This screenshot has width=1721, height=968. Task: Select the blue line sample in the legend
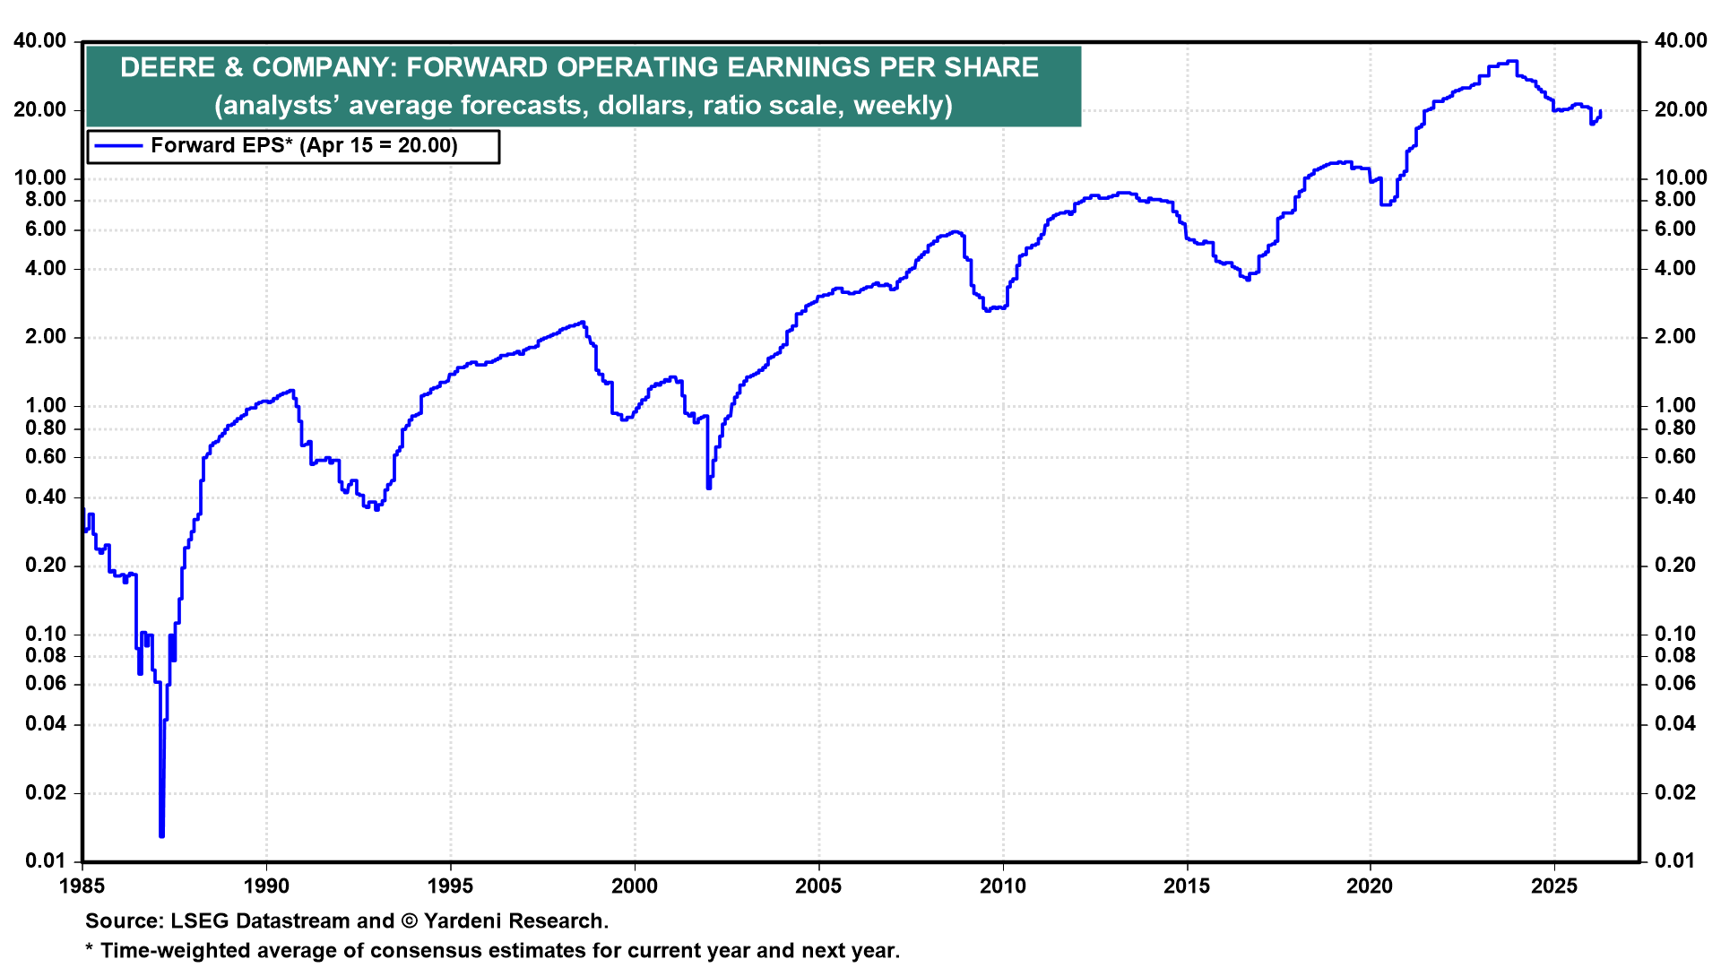(118, 146)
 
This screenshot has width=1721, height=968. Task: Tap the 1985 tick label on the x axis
(82, 886)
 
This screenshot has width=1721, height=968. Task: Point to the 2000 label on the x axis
(635, 886)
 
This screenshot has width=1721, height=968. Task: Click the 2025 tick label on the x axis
(1554, 886)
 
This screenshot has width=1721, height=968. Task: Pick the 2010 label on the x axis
(1002, 886)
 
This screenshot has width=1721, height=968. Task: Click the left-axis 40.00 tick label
(39, 41)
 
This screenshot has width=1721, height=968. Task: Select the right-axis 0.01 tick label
(1674, 861)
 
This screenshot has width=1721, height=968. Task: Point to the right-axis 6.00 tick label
(1674, 229)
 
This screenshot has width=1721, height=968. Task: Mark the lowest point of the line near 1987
(161, 835)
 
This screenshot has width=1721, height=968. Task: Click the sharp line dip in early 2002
(709, 487)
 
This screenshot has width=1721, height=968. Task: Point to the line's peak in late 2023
(1512, 61)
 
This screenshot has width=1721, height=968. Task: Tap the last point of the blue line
(1600, 111)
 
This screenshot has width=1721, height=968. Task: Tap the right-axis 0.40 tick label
(1674, 497)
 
